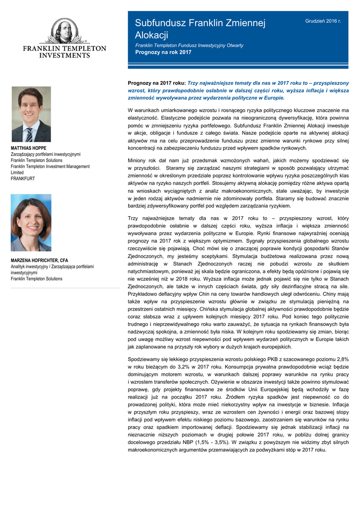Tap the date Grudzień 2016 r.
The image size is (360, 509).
pos(323,21)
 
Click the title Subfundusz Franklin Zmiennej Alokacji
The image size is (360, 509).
pos(201,29)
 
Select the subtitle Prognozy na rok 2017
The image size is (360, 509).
pos(163,52)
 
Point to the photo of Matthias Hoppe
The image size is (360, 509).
pos(31,114)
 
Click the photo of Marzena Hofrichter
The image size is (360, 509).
pos(31,222)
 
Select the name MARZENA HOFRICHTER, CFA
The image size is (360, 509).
pos(39,260)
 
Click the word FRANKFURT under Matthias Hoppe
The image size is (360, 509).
pos(23,178)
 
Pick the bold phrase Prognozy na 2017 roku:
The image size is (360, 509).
pos(156,83)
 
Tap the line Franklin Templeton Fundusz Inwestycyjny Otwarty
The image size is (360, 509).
pos(189,45)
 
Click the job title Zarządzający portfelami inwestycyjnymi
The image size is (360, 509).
pos(45,155)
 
